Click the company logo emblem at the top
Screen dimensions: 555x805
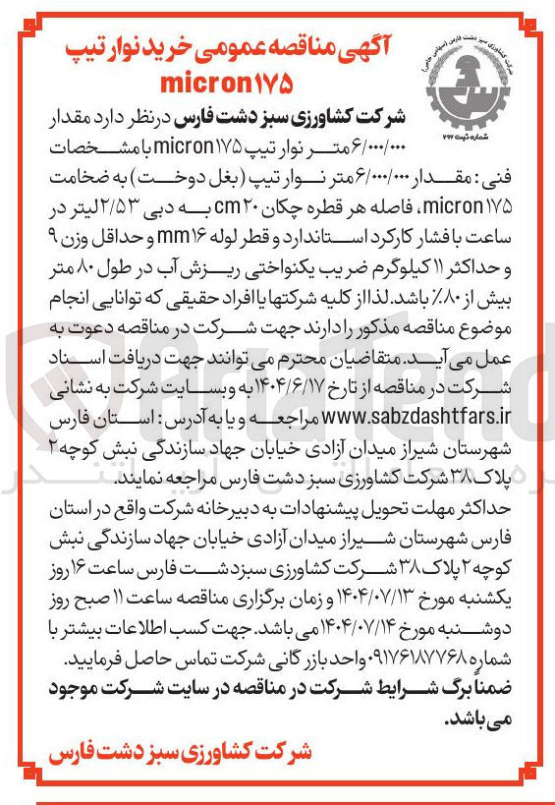[472, 83]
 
